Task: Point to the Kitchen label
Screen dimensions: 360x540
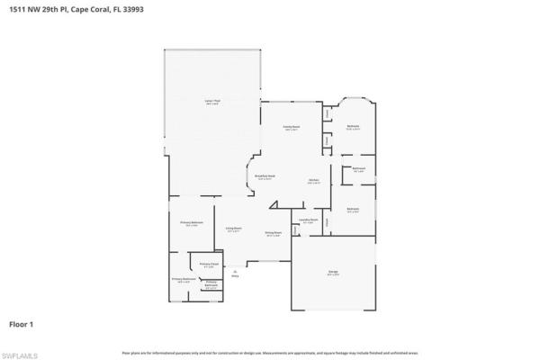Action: point(313,181)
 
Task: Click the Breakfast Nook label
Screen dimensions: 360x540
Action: point(265,177)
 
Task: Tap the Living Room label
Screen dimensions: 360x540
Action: point(233,229)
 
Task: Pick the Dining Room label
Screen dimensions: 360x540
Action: point(274,234)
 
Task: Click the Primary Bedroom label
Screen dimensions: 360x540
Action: point(190,223)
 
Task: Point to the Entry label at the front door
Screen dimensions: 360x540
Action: point(235,274)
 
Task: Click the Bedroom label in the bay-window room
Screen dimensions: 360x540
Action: point(354,127)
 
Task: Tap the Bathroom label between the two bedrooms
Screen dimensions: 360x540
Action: point(358,169)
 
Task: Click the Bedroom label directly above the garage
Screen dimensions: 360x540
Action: point(354,210)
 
